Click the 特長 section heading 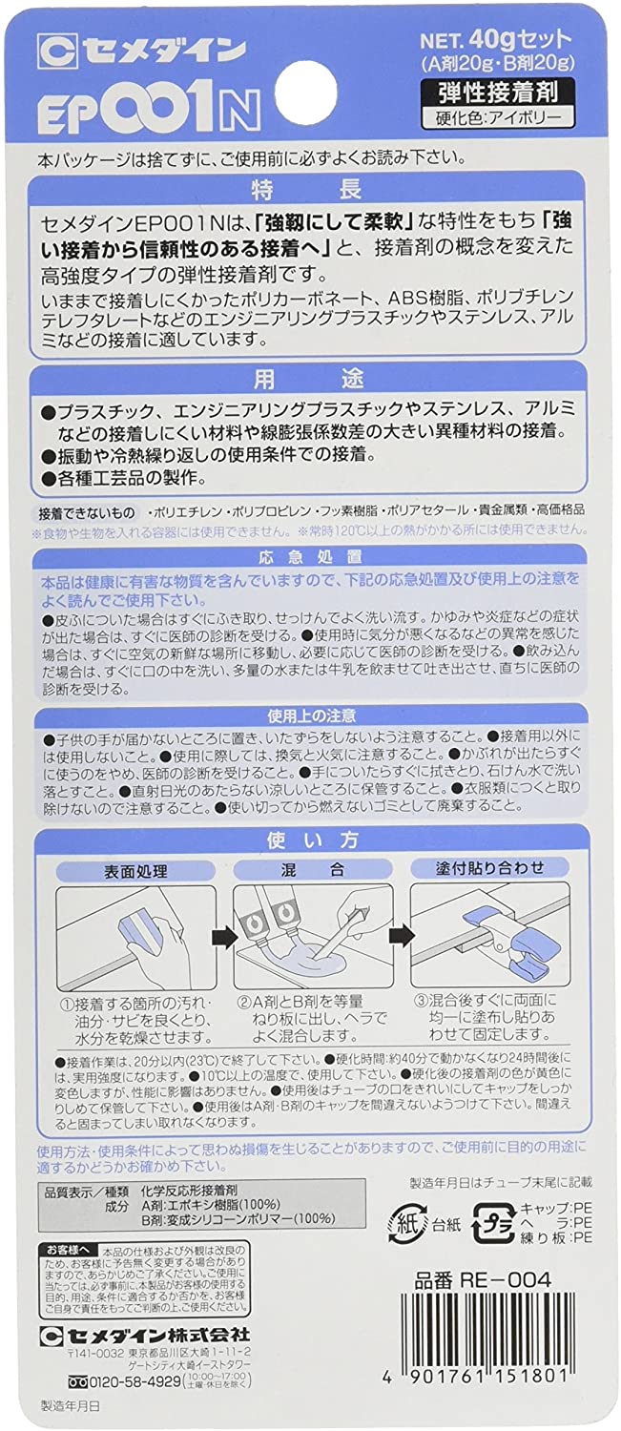310,185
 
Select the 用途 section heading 310,379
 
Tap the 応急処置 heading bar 310,556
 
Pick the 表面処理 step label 134,871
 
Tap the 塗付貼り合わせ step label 489,869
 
